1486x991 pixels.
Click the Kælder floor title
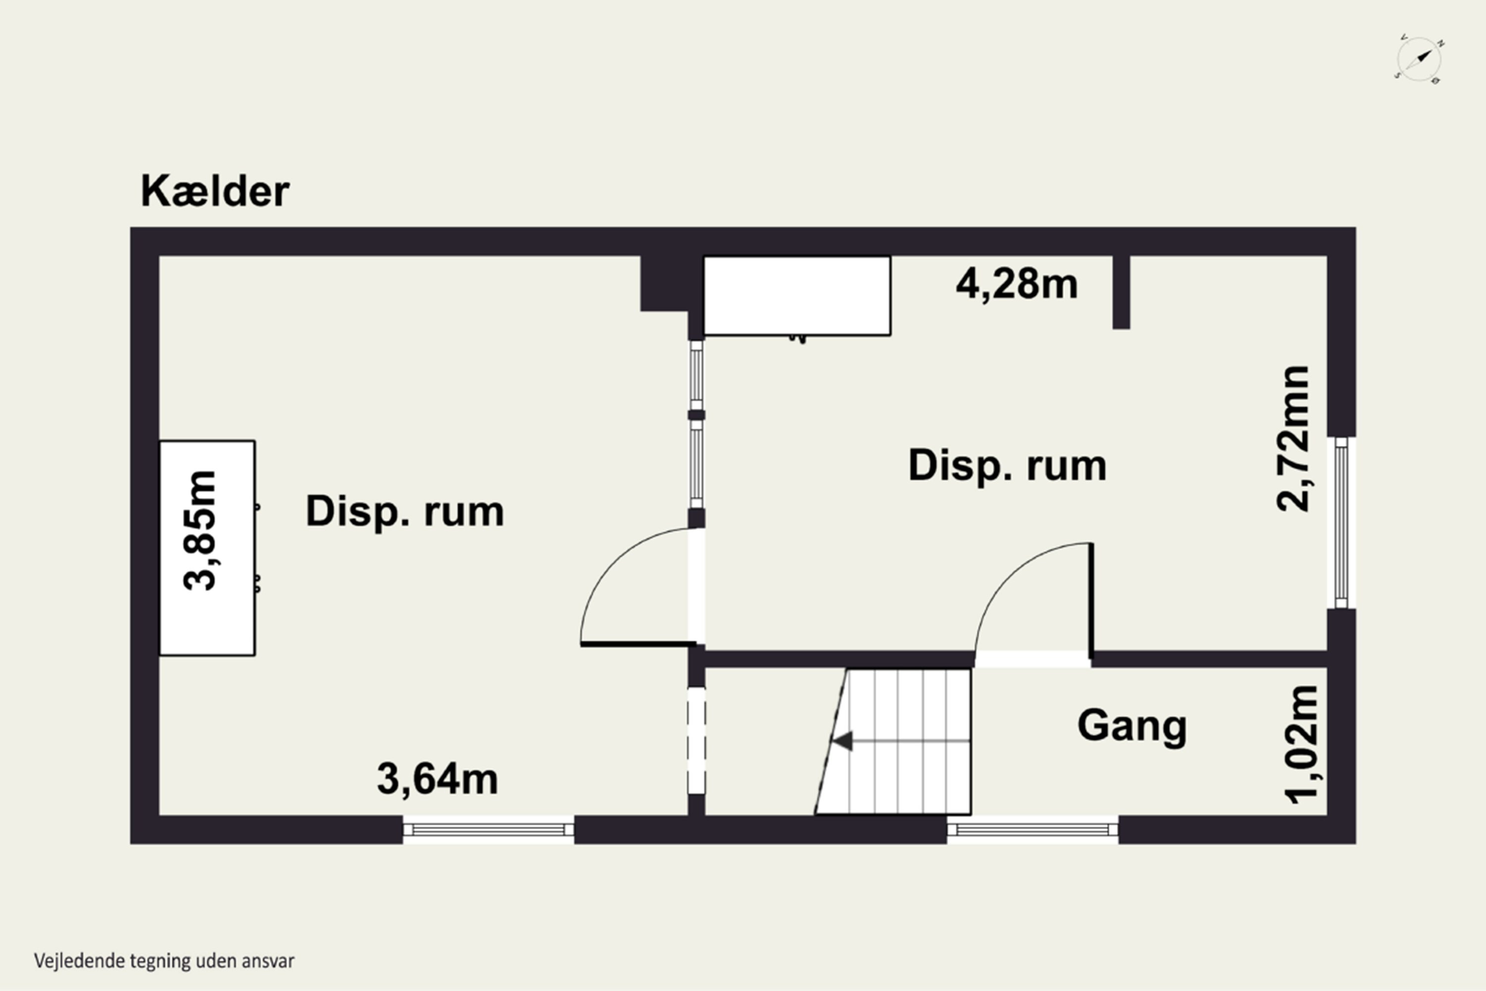point(215,191)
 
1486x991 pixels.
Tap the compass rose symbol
point(1419,59)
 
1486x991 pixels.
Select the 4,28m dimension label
point(1016,284)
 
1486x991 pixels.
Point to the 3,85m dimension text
point(200,530)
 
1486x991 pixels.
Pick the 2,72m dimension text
point(1293,438)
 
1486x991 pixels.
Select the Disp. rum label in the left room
point(404,511)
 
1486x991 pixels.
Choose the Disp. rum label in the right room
point(1007,466)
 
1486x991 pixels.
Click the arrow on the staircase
point(843,741)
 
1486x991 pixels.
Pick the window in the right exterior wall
point(1341,523)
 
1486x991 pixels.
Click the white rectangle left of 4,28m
point(796,295)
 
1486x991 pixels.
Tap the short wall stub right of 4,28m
point(1121,292)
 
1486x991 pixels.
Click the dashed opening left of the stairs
point(696,740)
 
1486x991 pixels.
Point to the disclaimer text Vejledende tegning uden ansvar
point(164,961)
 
